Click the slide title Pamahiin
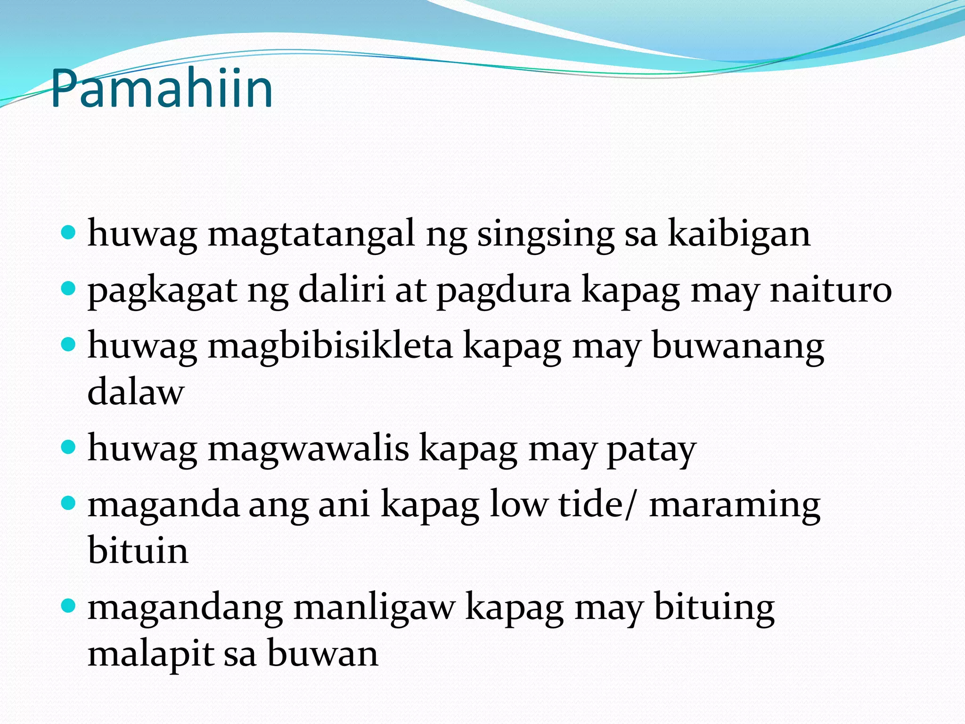click(162, 89)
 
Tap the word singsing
click(546, 234)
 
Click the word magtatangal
click(311, 234)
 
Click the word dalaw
click(136, 392)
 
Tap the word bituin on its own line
click(138, 550)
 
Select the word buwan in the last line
click(323, 654)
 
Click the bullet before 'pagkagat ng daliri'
click(69, 288)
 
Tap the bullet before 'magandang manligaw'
click(69, 605)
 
